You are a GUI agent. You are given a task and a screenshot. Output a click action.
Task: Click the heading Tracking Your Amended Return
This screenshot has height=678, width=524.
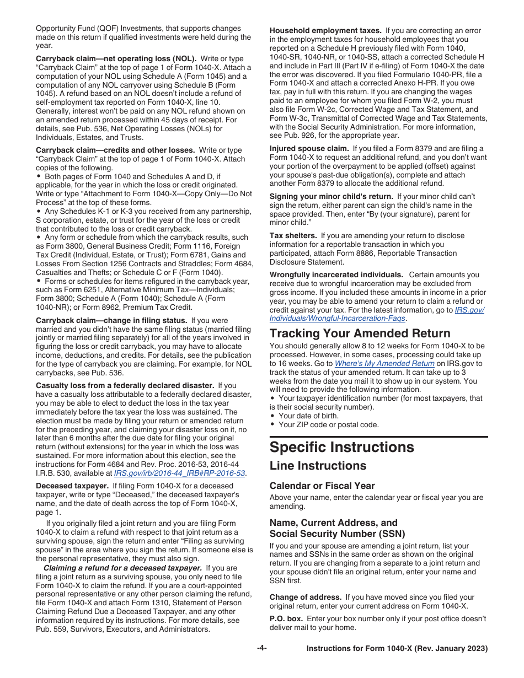click(x=360, y=333)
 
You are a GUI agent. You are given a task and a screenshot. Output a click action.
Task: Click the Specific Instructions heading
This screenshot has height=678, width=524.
click(x=341, y=447)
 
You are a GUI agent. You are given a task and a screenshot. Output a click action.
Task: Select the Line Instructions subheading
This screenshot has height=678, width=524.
click(x=318, y=466)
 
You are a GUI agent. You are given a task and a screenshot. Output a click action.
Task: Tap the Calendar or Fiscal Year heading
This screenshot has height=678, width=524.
click(x=322, y=486)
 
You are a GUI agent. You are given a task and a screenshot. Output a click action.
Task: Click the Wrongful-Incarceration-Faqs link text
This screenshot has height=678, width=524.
click(x=338, y=319)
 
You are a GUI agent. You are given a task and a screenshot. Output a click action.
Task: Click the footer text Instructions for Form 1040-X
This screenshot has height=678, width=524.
click(x=397, y=649)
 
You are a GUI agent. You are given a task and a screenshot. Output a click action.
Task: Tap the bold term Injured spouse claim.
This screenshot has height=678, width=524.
click(x=309, y=148)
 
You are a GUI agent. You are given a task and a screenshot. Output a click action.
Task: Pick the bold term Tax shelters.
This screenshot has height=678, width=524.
click(x=293, y=235)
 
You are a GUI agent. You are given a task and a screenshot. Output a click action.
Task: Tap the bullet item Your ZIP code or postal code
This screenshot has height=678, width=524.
click(x=329, y=425)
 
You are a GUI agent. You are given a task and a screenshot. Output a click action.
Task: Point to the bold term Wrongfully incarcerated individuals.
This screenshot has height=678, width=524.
click(x=336, y=275)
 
